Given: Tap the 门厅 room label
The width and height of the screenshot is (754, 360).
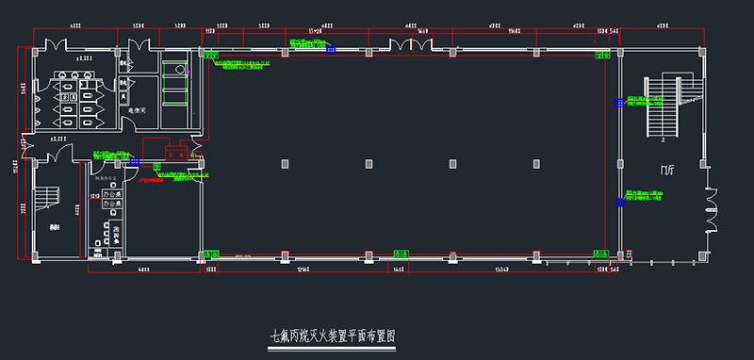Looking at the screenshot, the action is click(668, 170).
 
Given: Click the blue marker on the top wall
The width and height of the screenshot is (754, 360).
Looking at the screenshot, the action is click(330, 52).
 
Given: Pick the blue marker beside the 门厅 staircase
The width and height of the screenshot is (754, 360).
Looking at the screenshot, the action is click(618, 100).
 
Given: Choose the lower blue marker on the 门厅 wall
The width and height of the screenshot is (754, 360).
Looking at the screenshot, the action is click(618, 200).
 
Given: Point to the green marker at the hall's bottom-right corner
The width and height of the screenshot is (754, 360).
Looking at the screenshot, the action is click(598, 253).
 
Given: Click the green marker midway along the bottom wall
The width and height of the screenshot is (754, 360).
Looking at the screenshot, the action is click(402, 253).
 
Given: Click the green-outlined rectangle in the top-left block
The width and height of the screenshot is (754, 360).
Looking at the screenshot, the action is click(174, 68).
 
